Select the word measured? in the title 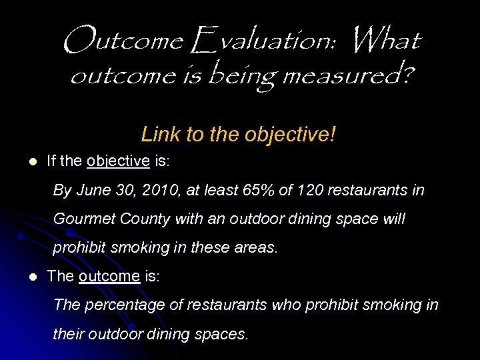347,78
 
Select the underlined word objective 117,161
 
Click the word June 94,191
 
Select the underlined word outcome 109,276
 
